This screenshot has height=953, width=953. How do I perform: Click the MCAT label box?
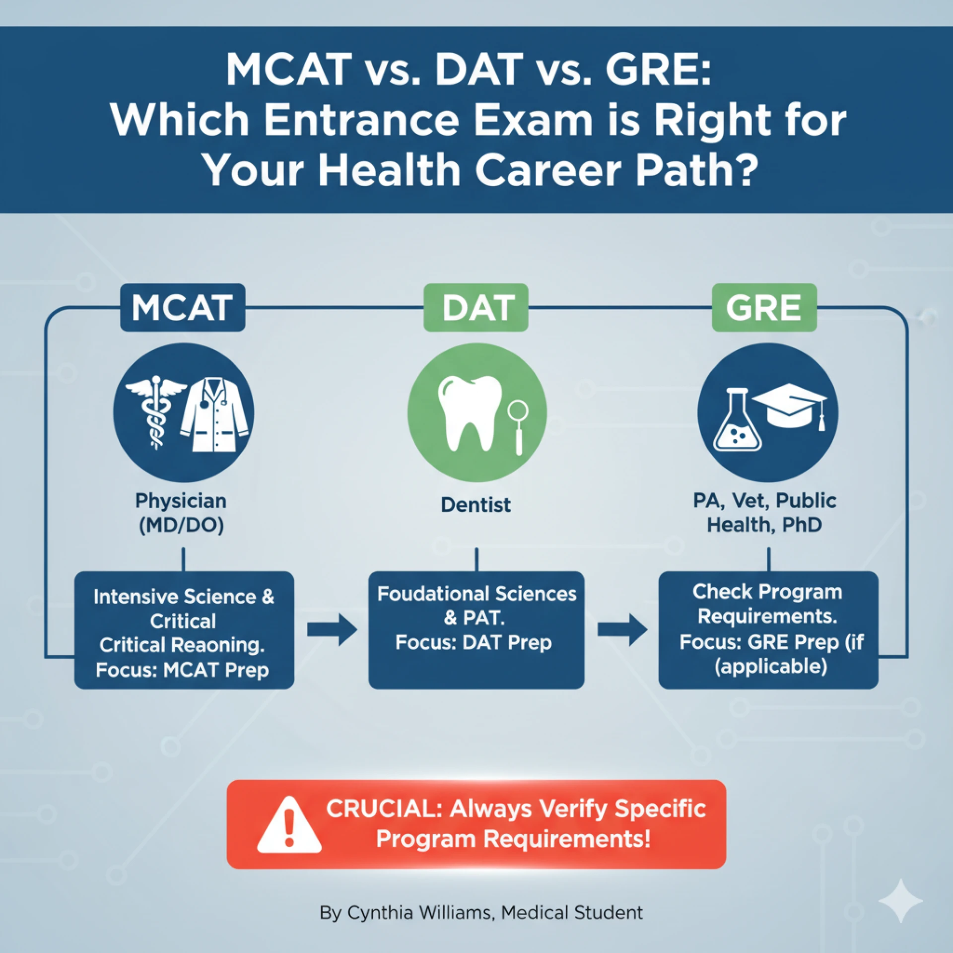pyautogui.click(x=182, y=308)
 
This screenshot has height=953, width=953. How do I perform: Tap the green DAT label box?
pyautogui.click(x=476, y=308)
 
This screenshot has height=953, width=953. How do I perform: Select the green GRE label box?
pyautogui.click(x=764, y=308)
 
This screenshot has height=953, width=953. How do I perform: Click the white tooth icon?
pyautogui.click(x=469, y=412)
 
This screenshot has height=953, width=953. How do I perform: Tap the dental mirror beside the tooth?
pyautogui.click(x=518, y=427)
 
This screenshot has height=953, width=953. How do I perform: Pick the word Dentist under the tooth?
pyautogui.click(x=476, y=505)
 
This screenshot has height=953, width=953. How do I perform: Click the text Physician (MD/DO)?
pyautogui.click(x=181, y=513)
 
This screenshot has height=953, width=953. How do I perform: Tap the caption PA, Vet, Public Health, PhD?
pyautogui.click(x=764, y=513)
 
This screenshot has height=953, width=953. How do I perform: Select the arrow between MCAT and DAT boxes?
pyautogui.click(x=332, y=630)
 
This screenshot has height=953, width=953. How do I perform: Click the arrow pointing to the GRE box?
pyautogui.click(x=622, y=630)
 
